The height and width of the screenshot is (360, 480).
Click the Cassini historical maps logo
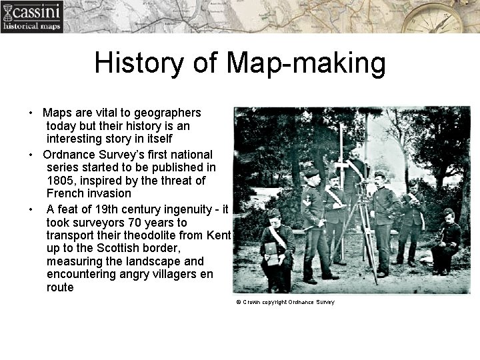pos(31,17)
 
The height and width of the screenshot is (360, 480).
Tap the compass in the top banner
pos(441,17)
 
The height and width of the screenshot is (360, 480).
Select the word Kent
pos(218,236)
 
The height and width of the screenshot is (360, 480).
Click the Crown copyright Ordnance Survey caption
pos(285,302)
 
